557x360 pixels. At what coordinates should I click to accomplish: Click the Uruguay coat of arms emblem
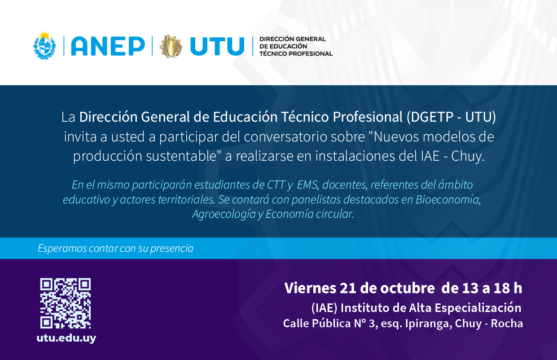pos(45,45)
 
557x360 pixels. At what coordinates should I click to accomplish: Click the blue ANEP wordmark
pos(108,46)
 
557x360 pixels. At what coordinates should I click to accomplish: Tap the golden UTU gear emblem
pos(171,46)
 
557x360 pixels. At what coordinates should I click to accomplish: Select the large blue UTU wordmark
pos(217,46)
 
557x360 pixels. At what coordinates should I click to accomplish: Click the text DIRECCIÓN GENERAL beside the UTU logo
pos(293,39)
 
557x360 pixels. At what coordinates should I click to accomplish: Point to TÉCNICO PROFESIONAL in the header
pos(296,54)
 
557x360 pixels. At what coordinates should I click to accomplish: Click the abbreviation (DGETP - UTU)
pos(451,117)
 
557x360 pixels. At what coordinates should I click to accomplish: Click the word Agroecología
pos(224,214)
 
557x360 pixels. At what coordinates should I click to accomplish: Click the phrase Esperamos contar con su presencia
pos(115,248)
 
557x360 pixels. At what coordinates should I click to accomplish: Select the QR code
pos(66,303)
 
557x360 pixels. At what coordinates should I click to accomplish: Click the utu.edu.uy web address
pos(66,338)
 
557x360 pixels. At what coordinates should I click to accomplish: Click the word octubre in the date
pos(408,288)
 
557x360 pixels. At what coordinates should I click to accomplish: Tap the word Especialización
pos(478,308)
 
